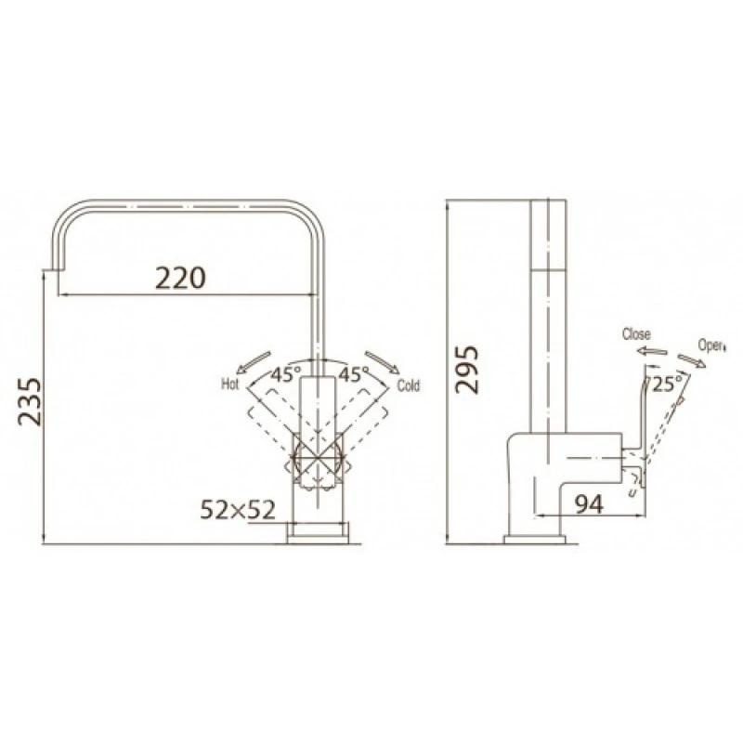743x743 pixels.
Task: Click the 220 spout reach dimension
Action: [x=180, y=278]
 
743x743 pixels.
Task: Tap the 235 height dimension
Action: [x=31, y=402]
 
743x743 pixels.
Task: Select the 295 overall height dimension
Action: [x=467, y=370]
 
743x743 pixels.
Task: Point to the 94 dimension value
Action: [x=590, y=504]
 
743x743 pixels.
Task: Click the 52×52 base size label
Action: [x=238, y=510]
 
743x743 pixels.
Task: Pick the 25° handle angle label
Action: [x=667, y=384]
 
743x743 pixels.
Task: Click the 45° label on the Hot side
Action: [x=286, y=374]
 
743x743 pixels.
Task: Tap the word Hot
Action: [x=230, y=384]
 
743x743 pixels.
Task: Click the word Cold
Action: [x=409, y=385]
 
